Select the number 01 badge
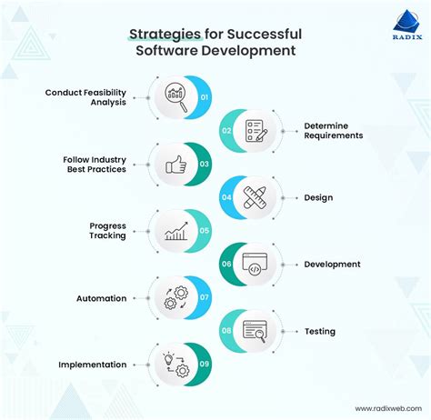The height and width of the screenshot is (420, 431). (205, 96)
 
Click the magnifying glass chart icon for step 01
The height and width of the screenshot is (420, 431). (175, 97)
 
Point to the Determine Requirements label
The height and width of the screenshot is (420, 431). (333, 130)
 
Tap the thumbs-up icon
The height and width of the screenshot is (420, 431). (175, 165)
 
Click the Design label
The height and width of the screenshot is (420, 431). (319, 197)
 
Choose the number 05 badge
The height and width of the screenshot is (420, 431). (205, 231)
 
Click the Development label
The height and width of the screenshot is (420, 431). (333, 264)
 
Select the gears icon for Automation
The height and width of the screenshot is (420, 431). (175, 298)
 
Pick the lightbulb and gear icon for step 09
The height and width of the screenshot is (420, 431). (175, 365)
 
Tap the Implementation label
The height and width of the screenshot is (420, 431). (93, 365)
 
